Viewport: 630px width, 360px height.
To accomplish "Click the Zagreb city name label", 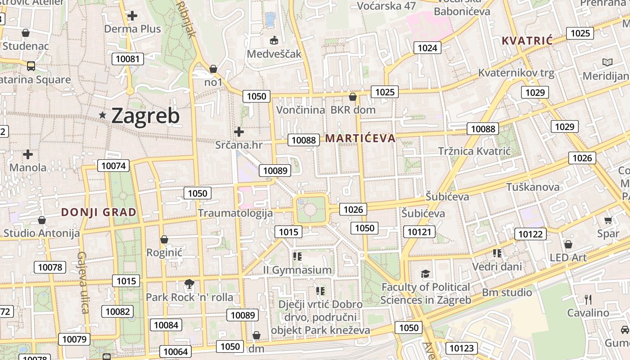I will [x=145, y=116].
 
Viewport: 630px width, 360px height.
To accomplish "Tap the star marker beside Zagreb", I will [x=103, y=116].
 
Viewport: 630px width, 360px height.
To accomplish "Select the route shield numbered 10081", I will [x=128, y=58].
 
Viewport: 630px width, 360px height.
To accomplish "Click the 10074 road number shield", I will [x=113, y=166].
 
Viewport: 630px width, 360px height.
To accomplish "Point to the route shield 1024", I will [x=427, y=48].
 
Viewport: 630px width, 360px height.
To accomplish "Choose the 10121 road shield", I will [x=419, y=232].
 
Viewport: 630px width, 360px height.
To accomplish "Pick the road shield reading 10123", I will [x=461, y=348].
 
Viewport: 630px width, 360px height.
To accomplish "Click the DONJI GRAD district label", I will [x=99, y=212].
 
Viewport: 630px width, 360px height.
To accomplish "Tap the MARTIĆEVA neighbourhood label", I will [x=360, y=138].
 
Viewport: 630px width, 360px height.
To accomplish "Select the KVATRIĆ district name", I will [x=527, y=41].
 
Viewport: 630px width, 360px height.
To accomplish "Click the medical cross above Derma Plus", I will [x=132, y=16].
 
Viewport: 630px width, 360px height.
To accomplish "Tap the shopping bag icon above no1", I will [x=213, y=69].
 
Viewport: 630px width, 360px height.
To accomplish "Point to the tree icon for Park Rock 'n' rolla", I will [x=189, y=283].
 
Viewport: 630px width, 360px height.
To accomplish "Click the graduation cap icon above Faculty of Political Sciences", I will [x=425, y=274].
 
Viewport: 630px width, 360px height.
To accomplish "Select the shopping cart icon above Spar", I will [x=608, y=220].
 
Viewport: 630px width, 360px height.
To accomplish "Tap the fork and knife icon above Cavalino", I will [x=588, y=299].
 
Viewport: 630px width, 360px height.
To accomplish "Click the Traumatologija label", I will [x=235, y=213].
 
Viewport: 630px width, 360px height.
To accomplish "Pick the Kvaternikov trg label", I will [x=516, y=72].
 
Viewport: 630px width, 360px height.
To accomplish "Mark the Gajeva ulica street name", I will [x=83, y=282].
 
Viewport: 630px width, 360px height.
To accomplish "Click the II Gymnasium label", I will [x=297, y=270].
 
